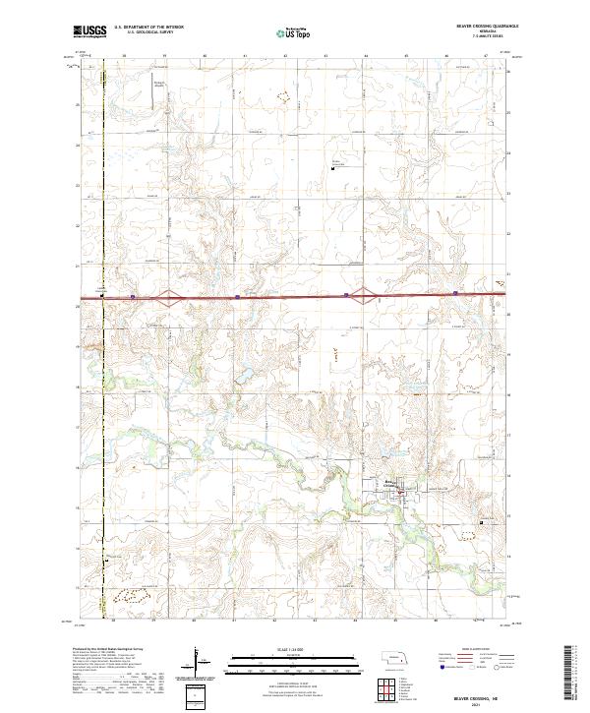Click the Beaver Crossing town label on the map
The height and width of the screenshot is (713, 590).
coord(391,481)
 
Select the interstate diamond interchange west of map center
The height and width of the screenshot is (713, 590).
coord(170,293)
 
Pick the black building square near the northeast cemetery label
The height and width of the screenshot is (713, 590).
coord(334,168)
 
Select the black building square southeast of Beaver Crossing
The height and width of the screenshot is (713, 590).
coord(479,522)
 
